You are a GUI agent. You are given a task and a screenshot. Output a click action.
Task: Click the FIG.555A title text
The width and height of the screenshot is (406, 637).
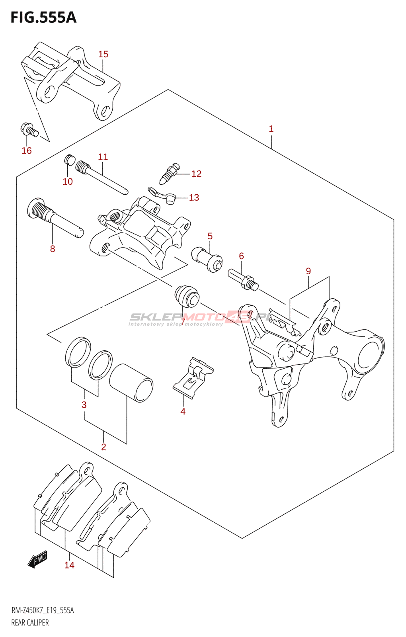pyautogui.click(x=43, y=18)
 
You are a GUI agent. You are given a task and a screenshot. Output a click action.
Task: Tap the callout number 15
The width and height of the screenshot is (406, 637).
pyautogui.click(x=103, y=54)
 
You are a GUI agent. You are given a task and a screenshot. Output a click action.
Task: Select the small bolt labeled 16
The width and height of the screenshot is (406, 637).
pyautogui.click(x=29, y=129)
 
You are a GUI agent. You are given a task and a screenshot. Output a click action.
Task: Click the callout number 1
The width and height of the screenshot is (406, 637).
pyautogui.click(x=271, y=129)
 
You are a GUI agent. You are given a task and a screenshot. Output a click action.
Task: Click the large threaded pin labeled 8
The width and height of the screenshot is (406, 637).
pyautogui.click(x=54, y=217)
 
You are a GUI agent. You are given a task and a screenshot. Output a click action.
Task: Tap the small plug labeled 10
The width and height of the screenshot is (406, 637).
pyautogui.click(x=69, y=160)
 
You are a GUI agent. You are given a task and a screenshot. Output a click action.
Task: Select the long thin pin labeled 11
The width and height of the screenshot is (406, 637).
pyautogui.click(x=102, y=178)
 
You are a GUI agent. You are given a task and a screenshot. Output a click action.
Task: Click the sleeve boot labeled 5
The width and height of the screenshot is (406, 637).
pyautogui.click(x=207, y=259)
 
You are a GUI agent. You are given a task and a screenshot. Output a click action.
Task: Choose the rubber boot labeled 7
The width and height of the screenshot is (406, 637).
pyautogui.click(x=187, y=297)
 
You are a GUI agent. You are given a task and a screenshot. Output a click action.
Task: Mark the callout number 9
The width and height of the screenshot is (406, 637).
pyautogui.click(x=308, y=271)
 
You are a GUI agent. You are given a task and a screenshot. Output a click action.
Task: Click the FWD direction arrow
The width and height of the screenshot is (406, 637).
pyautogui.click(x=38, y=559)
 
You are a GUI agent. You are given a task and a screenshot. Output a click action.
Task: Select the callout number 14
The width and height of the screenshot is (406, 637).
pyautogui.click(x=69, y=565)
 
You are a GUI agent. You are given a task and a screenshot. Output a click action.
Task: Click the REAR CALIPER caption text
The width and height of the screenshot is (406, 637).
pyautogui.click(x=30, y=623)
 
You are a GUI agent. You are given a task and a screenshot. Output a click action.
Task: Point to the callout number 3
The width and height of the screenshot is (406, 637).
pyautogui.click(x=84, y=405)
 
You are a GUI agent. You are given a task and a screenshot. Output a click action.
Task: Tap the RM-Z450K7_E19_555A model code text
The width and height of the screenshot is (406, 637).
pyautogui.click(x=42, y=611)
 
